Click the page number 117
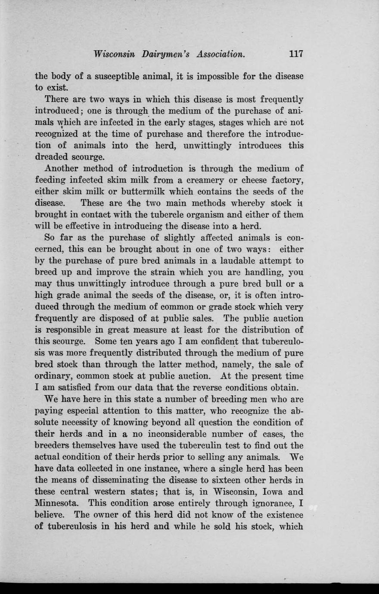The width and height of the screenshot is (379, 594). pyautogui.click(x=296, y=54)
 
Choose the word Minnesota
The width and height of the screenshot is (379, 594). pyautogui.click(x=56, y=503)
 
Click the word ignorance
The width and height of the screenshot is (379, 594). pyautogui.click(x=267, y=503)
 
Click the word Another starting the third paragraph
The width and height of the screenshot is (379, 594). pyautogui.click(x=62, y=168)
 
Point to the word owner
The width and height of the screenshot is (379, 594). pyautogui.click(x=106, y=515)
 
